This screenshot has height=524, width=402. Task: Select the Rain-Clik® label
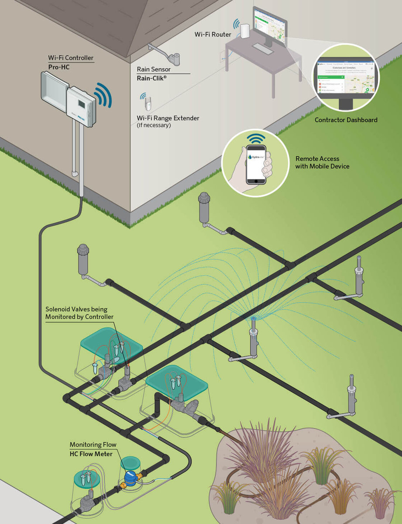152,79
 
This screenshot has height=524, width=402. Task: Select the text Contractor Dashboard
346,120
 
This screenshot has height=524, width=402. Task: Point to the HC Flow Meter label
91,454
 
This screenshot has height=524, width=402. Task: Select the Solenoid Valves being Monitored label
79,313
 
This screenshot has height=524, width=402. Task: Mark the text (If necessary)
154,125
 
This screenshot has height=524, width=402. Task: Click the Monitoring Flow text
93,445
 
